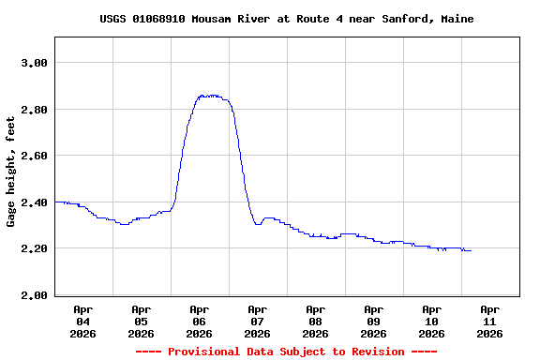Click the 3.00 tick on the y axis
pyautogui.click(x=34, y=63)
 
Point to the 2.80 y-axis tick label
pyautogui.click(x=34, y=110)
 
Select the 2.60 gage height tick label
pyautogui.click(x=34, y=156)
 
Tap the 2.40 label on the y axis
pyautogui.click(x=34, y=202)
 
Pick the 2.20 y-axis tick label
pyautogui.click(x=34, y=248)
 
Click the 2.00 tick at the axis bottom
pyautogui.click(x=34, y=295)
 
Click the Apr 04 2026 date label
pyautogui.click(x=82, y=321)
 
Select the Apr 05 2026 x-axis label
pyautogui.click(x=141, y=321)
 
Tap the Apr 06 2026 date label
pyautogui.click(x=199, y=321)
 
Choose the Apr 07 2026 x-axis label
pyautogui.click(x=257, y=321)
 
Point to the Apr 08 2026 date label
pyautogui.click(x=315, y=321)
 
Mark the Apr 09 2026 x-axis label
pyautogui.click(x=373, y=321)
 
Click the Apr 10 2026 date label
pyautogui.click(x=431, y=321)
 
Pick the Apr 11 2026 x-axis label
pyautogui.click(x=489, y=321)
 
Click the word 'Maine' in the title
pyautogui.click(x=455, y=19)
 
